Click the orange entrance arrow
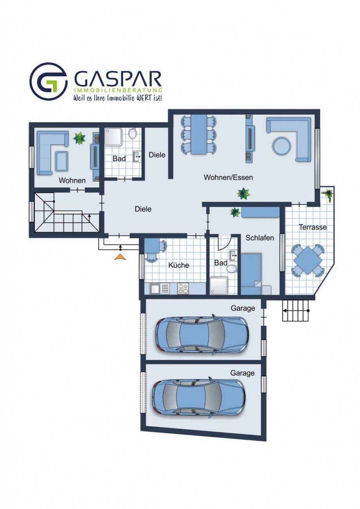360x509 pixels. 120,257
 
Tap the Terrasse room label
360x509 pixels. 313,227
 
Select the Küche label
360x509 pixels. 178,265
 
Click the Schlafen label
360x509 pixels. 260,238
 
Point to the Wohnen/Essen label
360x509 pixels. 228,177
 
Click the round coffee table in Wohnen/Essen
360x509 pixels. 282,146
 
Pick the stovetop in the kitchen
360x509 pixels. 183,289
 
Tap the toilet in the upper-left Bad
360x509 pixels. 132,133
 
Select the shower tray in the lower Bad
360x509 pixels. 218,286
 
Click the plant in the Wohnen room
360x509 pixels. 79,138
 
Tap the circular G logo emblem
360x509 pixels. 49,81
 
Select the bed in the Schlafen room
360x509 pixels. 251,274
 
